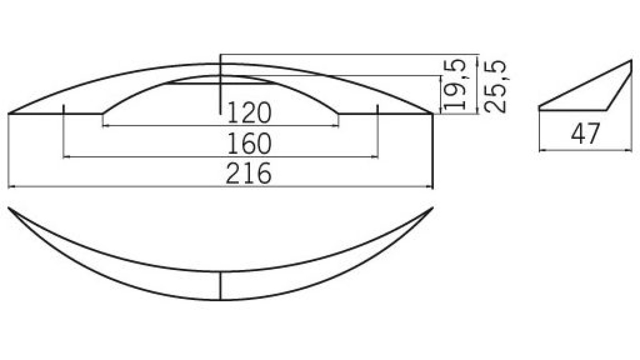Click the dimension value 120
click(249, 113)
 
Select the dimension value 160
click(249, 144)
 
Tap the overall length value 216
click(248, 174)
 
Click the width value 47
click(585, 134)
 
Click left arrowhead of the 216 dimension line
click(10, 186)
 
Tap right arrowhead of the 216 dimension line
click(431, 186)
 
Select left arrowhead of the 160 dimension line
click(66, 157)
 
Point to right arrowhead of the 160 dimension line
click(375, 157)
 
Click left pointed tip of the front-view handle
click(9, 114)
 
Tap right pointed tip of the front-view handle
click(432, 114)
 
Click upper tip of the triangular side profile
click(631, 61)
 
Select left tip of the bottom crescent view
click(9, 208)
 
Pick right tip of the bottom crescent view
click(433, 208)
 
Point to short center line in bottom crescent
click(220, 286)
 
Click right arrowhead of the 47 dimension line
click(630, 151)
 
